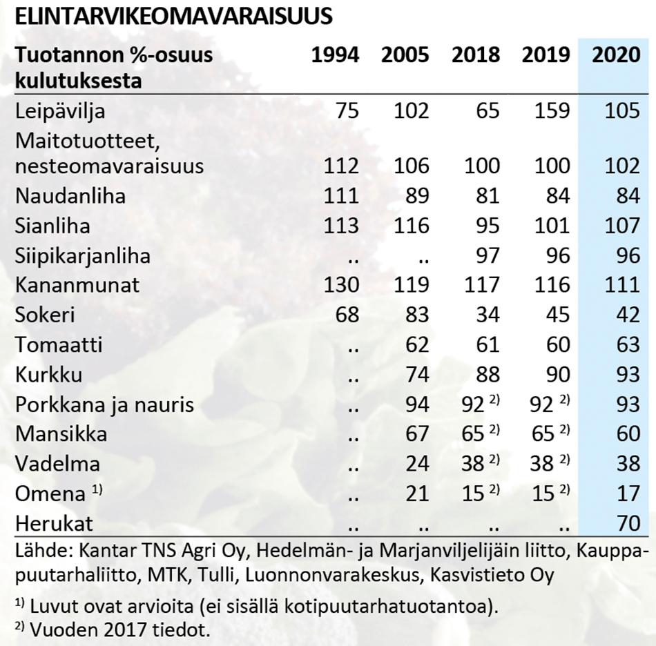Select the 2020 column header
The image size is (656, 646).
coord(616,55)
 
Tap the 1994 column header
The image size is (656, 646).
coord(335,55)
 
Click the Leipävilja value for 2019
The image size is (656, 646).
coord(546,110)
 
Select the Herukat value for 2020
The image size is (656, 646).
coord(628,523)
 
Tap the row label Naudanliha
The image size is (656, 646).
coord(70,196)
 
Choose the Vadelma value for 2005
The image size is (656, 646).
coord(417,463)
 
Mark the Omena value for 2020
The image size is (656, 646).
coord(628,493)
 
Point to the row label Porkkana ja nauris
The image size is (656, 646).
coord(105,404)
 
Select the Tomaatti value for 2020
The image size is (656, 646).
coord(628,344)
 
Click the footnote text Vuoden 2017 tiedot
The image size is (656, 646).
coord(121,630)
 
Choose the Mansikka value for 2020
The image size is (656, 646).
coord(628,434)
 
